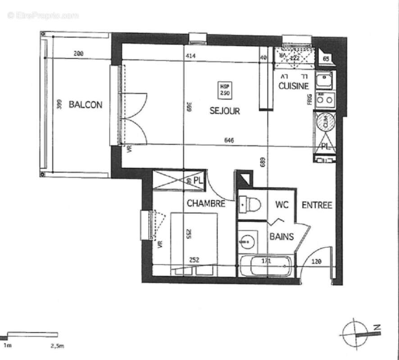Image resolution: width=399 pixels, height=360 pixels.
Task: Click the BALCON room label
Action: (x=85, y=105)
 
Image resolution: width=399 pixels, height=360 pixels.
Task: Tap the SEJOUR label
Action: (x=224, y=111)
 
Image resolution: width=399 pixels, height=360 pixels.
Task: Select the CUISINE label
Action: (x=294, y=86)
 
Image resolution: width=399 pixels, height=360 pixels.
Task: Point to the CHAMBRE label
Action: (x=206, y=204)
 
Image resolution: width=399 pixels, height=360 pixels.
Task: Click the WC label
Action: (x=281, y=205)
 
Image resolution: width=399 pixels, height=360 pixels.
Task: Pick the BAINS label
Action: (x=281, y=236)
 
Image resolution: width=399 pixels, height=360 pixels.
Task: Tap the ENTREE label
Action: (x=317, y=205)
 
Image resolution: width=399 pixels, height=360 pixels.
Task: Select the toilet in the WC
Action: (x=250, y=205)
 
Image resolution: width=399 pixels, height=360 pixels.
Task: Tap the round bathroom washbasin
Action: (x=247, y=242)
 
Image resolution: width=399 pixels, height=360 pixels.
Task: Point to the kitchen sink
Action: (x=324, y=81)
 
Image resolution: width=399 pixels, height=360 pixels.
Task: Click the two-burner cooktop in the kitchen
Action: (x=325, y=99)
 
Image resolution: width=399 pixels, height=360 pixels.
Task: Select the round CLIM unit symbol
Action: (x=325, y=121)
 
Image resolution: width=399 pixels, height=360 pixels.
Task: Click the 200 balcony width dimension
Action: (x=78, y=54)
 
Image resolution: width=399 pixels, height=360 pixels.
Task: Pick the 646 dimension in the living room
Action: (x=229, y=140)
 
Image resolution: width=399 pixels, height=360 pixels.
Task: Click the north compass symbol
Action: (x=356, y=333)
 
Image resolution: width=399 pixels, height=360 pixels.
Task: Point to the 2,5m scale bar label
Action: (x=57, y=346)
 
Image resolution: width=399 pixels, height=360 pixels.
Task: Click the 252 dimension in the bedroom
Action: (x=194, y=260)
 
